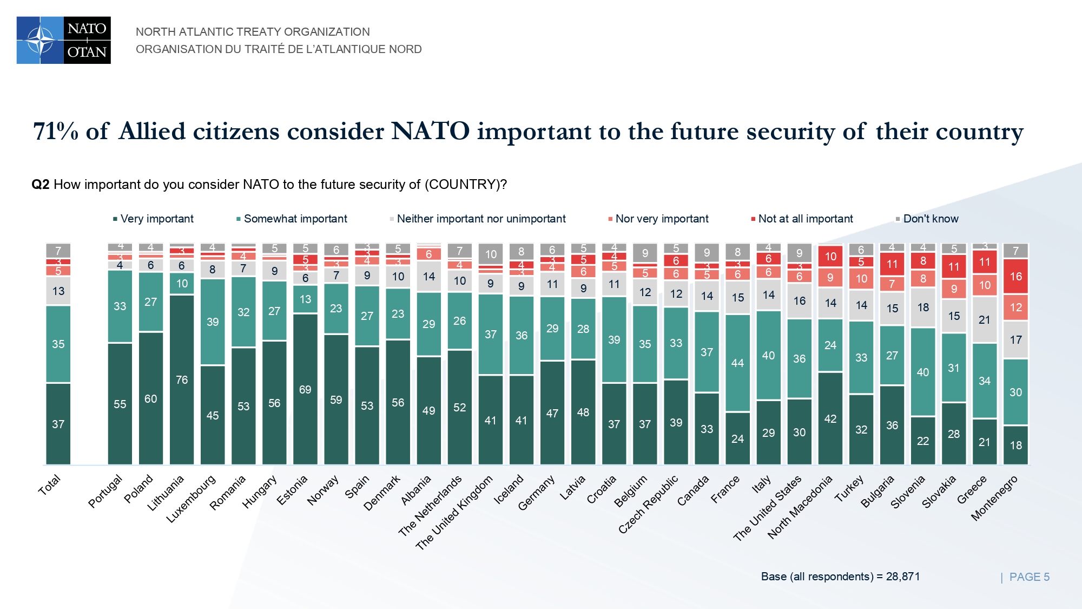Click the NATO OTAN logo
point(64,40)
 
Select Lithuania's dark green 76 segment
point(182,379)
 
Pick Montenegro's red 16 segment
point(1015,277)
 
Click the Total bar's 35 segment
point(58,344)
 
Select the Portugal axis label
point(106,491)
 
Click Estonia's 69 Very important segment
point(305,389)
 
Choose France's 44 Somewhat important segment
point(737,363)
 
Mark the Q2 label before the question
point(41,185)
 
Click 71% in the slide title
point(56,132)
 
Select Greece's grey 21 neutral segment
point(985,320)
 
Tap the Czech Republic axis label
point(649,504)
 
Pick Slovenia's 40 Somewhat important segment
point(923,372)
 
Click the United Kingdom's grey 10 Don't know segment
point(491,254)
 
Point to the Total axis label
point(49,485)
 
